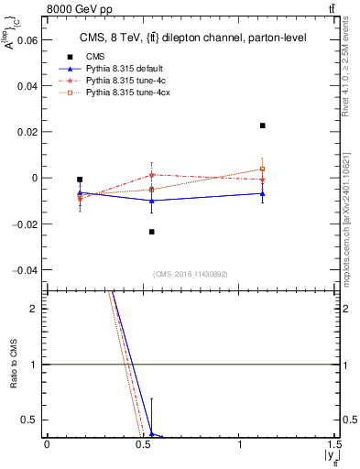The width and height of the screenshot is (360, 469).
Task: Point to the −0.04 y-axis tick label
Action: pos(23,270)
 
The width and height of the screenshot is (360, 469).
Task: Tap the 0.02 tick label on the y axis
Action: pos(28,132)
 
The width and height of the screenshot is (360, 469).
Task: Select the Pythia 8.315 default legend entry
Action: pos(110,70)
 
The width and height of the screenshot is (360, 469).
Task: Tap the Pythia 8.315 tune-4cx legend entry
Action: pos(114,93)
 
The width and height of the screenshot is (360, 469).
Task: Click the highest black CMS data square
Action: pos(263,125)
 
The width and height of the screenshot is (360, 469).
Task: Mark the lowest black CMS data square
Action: pos(152,232)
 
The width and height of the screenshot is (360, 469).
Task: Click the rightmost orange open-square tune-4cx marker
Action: pos(263,169)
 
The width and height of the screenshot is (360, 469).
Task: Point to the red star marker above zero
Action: pos(152,174)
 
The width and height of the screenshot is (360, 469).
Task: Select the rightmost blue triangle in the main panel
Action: pos(263,193)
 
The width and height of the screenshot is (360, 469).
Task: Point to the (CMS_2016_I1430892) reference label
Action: pos(190,274)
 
